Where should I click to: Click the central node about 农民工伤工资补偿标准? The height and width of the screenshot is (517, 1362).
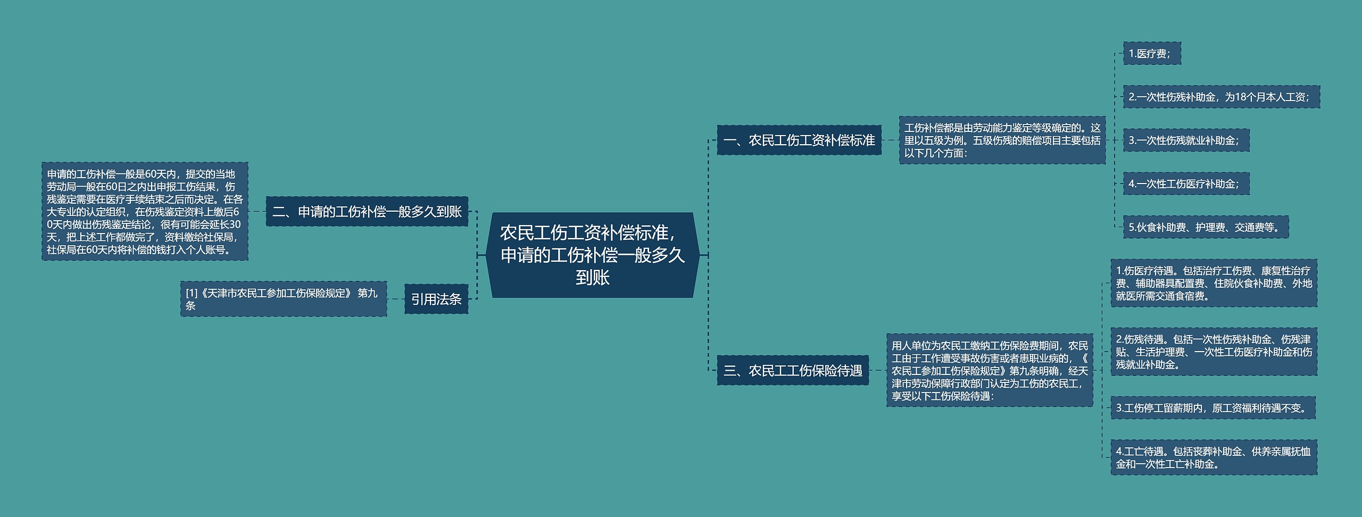pos(592,255)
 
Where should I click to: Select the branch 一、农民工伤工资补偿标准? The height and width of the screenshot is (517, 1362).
pos(799,140)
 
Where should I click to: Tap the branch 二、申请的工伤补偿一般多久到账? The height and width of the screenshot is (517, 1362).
pos(367,212)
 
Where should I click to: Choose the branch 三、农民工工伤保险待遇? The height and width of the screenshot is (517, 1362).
pos(792,370)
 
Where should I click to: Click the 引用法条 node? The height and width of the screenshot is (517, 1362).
pos(436,299)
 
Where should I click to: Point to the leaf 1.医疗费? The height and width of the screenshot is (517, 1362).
pos(1151,54)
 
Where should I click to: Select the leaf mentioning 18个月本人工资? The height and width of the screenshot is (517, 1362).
pos(1221,97)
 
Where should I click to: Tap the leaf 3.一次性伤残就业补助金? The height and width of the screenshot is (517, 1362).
pos(1186,140)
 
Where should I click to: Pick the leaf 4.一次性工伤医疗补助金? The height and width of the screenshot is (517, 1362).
pos(1186,184)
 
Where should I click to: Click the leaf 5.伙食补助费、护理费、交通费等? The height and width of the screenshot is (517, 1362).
pos(1205,228)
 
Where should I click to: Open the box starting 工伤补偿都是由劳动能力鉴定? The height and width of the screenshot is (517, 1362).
pos(1002,140)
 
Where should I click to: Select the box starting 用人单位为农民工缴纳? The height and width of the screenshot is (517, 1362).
pos(989,370)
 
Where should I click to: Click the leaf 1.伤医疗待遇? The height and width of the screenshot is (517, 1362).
pos(1214,283)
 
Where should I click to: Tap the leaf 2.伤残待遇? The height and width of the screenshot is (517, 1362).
pos(1214,352)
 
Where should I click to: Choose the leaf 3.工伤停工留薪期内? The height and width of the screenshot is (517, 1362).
pos(1212,408)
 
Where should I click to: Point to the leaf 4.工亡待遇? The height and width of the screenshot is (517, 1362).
pos(1214,457)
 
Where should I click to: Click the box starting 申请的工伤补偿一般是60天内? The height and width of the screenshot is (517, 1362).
pos(145,212)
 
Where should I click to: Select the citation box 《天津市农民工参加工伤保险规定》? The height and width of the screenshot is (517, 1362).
pos(283,299)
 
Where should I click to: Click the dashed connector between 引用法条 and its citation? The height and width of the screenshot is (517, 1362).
pos(395,299)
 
